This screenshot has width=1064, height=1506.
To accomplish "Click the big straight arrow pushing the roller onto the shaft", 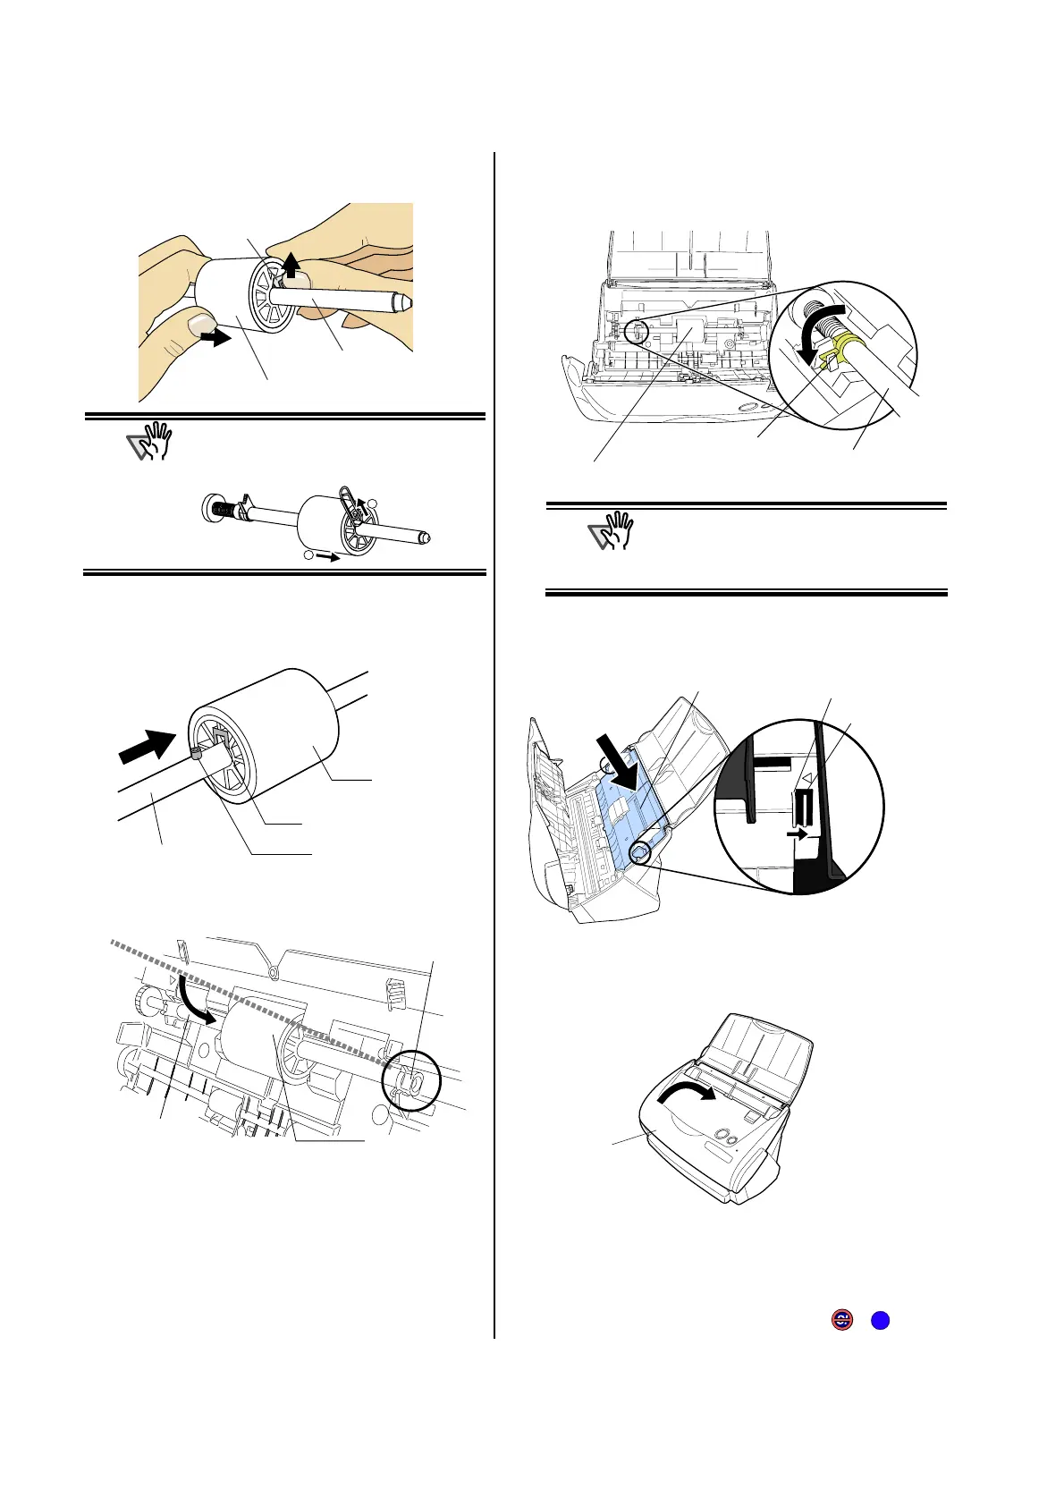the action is click(x=149, y=746).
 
